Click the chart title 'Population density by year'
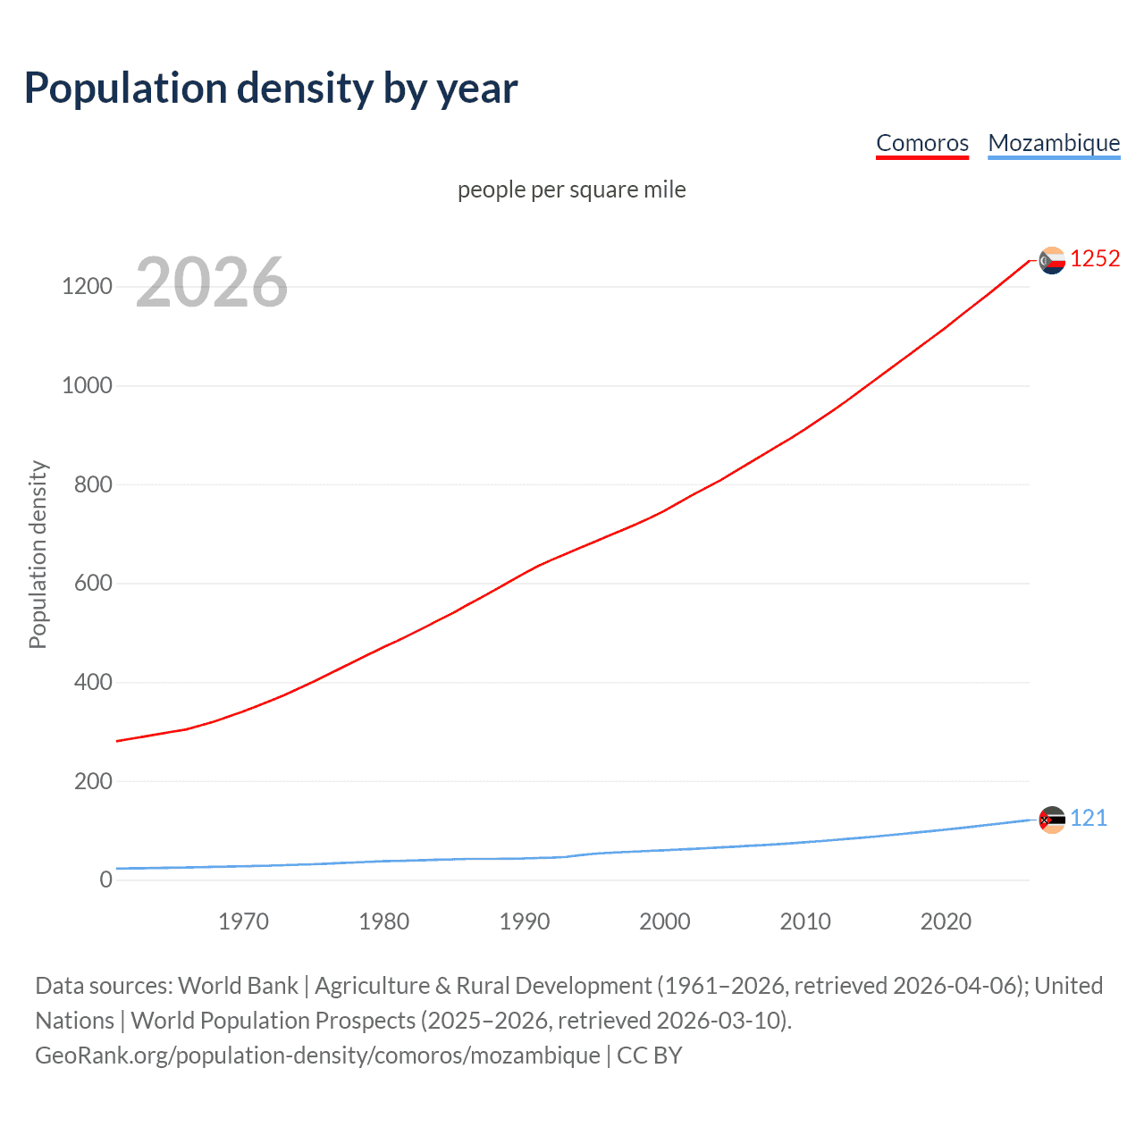[x=271, y=88]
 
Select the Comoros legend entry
[x=921, y=143]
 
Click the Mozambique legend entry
[x=1054, y=143]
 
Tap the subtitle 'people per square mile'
[x=571, y=189]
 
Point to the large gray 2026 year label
[x=212, y=282]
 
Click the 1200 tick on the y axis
[x=87, y=287]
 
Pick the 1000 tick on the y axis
[x=87, y=386]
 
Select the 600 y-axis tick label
[x=93, y=584]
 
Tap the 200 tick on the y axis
[x=93, y=781]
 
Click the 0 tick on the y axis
[x=106, y=880]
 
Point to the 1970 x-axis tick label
[x=243, y=921]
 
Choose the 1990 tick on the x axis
[x=525, y=921]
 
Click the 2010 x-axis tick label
[x=805, y=921]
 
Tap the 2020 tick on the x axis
[x=946, y=921]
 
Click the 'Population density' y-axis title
[x=38, y=554]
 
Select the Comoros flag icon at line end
[x=1052, y=260]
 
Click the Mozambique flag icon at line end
[x=1052, y=820]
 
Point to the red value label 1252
[x=1095, y=259]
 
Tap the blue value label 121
[x=1089, y=819]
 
